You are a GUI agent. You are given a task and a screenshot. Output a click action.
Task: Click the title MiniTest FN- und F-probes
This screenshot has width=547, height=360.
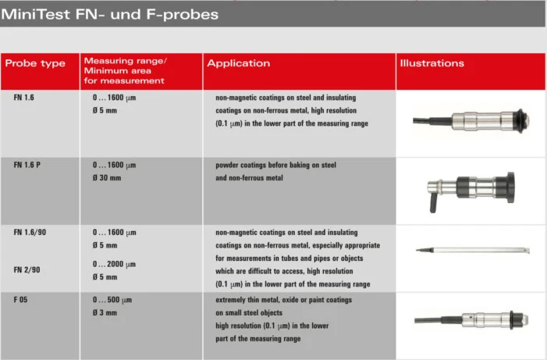pos(110,14)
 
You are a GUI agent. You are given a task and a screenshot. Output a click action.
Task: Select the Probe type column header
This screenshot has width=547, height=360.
pos(35,63)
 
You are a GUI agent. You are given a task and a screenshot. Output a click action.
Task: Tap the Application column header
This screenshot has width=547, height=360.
pos(239,63)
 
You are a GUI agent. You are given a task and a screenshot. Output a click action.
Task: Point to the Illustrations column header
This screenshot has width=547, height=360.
pos(432,63)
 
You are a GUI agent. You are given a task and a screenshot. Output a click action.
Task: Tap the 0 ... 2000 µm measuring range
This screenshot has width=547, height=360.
pos(115,263)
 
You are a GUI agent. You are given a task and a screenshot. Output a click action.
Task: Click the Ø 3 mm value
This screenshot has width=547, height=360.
pos(105,313)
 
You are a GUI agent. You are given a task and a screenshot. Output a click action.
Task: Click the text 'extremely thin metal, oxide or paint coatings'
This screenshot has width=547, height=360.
pos(283,300)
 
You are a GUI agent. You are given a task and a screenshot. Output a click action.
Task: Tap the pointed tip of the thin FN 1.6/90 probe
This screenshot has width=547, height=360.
pos(417,250)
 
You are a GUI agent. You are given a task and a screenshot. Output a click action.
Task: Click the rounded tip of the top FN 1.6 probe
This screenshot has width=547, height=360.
pos(530,119)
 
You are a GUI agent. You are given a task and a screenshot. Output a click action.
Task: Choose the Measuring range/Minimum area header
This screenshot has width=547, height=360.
pos(125,70)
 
